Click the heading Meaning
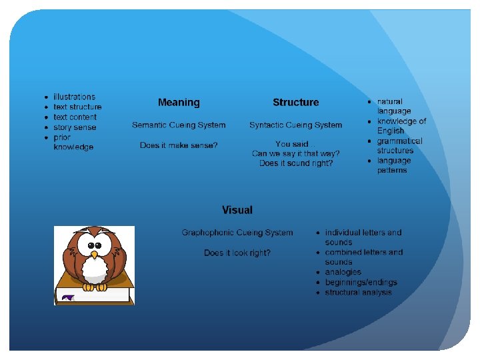[179, 103]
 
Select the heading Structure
[295, 103]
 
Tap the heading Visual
[237, 210]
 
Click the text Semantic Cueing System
[179, 125]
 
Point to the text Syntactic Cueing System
[295, 125]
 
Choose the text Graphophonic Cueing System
[237, 233]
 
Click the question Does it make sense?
[179, 145]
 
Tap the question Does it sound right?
[295, 163]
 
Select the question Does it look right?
[237, 253]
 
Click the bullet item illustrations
[74, 97]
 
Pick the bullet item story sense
[75, 127]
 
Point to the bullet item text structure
[77, 107]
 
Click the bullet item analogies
[343, 272]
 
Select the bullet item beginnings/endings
[361, 282]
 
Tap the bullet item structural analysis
[358, 292]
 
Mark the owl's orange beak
[94, 255]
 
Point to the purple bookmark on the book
[67, 298]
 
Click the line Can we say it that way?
[295, 153]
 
